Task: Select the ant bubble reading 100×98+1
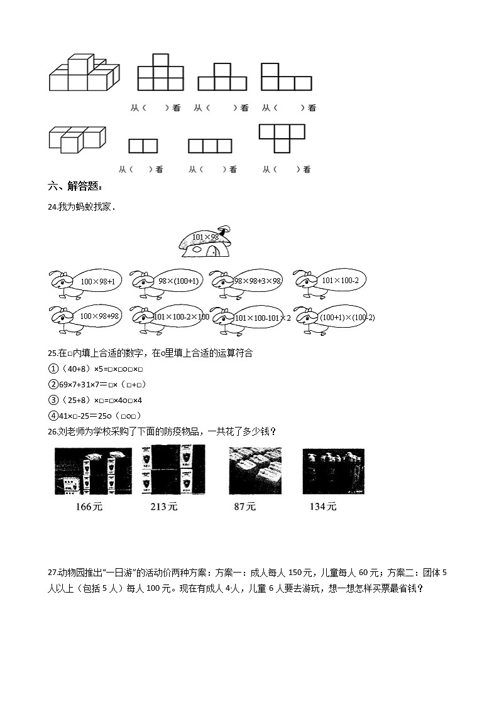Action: [97, 282]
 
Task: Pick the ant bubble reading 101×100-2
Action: [339, 281]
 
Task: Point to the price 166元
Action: [88, 506]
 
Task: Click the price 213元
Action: [164, 506]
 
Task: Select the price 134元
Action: [323, 506]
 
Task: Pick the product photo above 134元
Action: [332, 471]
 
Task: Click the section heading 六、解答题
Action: [74, 186]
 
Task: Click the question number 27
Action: [52, 572]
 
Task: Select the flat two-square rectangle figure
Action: [143, 146]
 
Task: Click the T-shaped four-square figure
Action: [282, 137]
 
